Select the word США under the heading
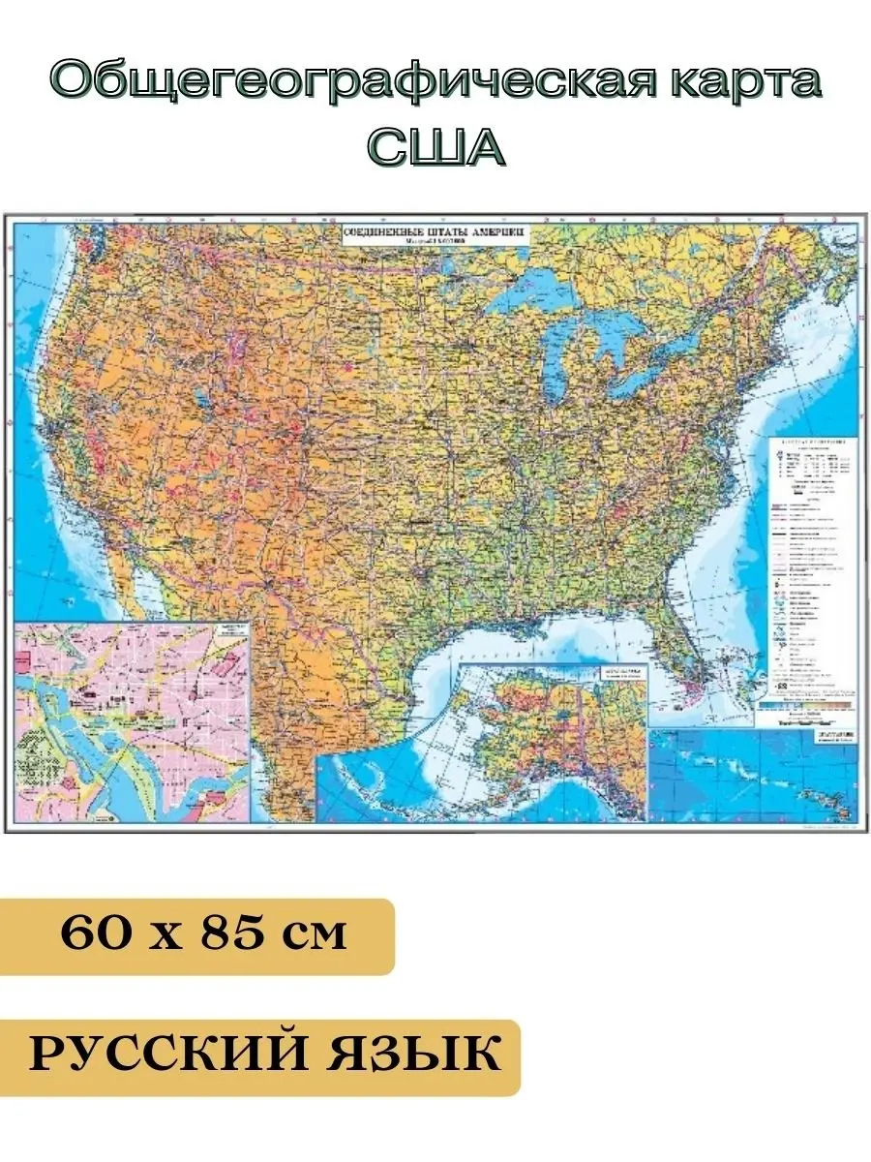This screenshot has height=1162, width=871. [x=435, y=148]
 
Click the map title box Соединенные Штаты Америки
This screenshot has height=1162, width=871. [x=435, y=235]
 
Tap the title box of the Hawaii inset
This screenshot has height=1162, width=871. [x=832, y=738]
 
